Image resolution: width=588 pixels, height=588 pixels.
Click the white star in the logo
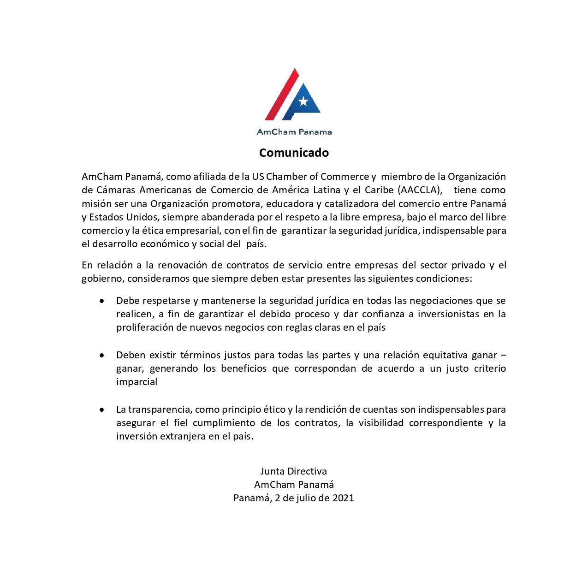(x=303, y=101)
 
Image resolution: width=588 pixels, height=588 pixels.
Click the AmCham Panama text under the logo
(x=294, y=132)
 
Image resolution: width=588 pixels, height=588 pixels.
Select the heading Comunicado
(x=294, y=153)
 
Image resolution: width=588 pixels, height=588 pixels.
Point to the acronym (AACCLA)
(x=420, y=190)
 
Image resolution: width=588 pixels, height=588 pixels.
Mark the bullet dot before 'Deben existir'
(x=101, y=356)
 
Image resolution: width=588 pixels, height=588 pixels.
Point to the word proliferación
(x=145, y=327)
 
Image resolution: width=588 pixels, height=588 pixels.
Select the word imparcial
(x=137, y=382)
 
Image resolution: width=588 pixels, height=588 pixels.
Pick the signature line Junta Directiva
(x=294, y=471)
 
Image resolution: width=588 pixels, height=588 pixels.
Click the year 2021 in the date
(x=343, y=498)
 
